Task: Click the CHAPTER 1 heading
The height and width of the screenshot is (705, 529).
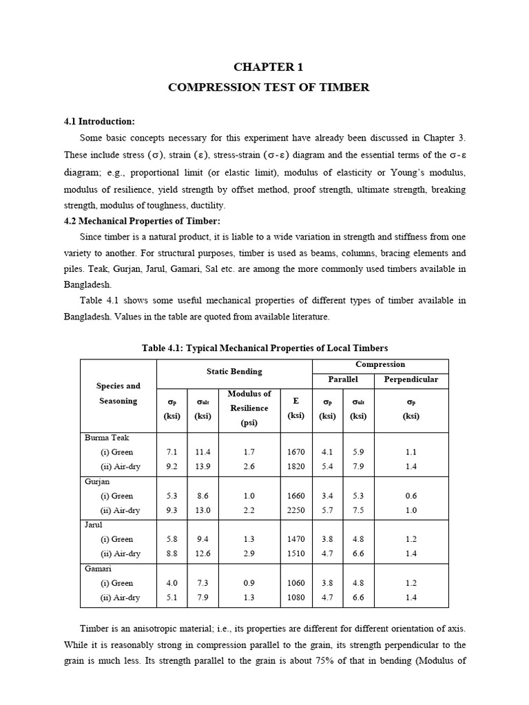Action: click(x=269, y=67)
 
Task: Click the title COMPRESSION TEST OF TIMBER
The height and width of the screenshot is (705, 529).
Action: click(x=269, y=87)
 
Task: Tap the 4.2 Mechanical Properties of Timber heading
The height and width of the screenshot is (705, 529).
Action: click(x=142, y=220)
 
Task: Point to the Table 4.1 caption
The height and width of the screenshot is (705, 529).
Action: click(x=264, y=348)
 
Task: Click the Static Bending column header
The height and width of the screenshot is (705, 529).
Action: click(x=234, y=371)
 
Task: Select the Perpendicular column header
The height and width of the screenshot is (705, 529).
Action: click(x=411, y=379)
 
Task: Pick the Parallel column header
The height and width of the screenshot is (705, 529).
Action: click(x=343, y=379)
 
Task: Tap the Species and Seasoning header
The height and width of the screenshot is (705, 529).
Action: click(x=118, y=393)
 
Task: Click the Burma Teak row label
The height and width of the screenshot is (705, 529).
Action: click(x=107, y=437)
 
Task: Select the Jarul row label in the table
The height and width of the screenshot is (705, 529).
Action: click(x=94, y=525)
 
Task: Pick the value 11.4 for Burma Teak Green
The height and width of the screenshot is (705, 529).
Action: click(x=203, y=452)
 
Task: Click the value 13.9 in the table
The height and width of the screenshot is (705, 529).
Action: click(x=203, y=466)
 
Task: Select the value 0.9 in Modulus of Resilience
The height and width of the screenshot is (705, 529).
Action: click(x=249, y=583)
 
